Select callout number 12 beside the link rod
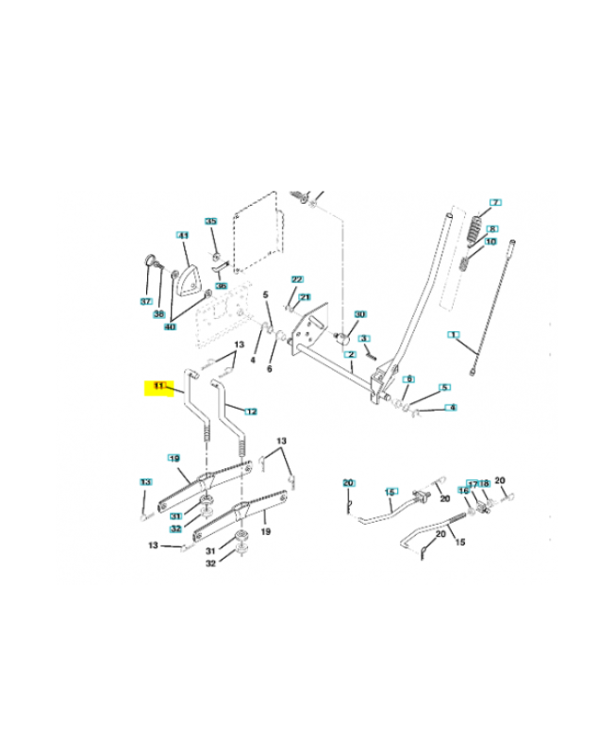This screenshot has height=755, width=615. coord(250,411)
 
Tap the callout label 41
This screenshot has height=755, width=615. coord(183,235)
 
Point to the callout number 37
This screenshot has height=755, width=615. coord(146,301)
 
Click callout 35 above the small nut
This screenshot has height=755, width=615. coord(211,222)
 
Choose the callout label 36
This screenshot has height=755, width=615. coord(221,286)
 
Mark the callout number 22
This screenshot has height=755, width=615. coord(297,280)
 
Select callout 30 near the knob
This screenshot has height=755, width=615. coord(359,314)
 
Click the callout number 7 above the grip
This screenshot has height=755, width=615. coord(495,203)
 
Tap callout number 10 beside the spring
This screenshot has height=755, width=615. coord(490,242)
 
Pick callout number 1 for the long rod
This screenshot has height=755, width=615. coord(454,335)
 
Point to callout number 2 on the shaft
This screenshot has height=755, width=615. coord(350,355)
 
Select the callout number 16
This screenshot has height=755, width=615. coord(463,491)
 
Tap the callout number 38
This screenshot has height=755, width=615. coord(158,314)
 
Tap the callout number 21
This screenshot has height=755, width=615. coord(305,297)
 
